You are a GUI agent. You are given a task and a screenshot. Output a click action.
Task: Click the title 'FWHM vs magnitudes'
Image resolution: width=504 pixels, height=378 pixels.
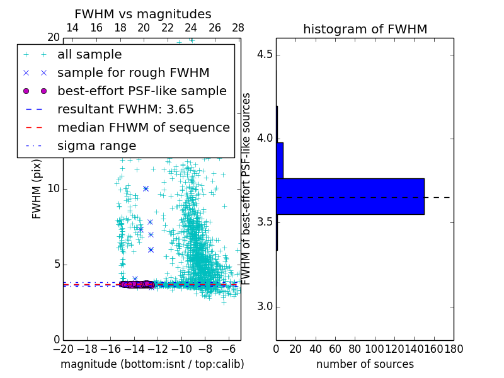tap(143, 14)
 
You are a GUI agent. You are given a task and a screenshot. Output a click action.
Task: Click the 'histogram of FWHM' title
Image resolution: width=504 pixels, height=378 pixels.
tap(365, 29)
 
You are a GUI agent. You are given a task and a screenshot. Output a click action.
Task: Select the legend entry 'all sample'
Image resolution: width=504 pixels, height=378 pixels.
tap(89, 55)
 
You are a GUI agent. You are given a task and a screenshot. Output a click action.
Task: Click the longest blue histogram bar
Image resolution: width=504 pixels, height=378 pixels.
tap(350, 197)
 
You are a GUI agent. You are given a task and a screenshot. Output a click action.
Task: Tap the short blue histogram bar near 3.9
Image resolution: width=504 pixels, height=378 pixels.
tap(280, 160)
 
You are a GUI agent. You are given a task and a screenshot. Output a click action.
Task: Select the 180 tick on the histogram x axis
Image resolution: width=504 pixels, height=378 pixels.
tap(454, 348)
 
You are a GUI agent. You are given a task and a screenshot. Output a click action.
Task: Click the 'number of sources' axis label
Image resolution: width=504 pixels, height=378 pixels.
tap(365, 364)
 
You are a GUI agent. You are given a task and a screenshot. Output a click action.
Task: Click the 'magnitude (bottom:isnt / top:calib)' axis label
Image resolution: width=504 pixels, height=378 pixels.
tap(152, 364)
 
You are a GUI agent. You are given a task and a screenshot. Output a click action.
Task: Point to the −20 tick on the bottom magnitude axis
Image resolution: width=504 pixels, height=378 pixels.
tap(63, 348)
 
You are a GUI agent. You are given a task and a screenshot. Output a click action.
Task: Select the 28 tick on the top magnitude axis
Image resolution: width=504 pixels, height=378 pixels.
tap(238, 28)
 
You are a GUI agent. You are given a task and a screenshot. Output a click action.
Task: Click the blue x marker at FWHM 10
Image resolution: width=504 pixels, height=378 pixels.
tap(146, 188)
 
